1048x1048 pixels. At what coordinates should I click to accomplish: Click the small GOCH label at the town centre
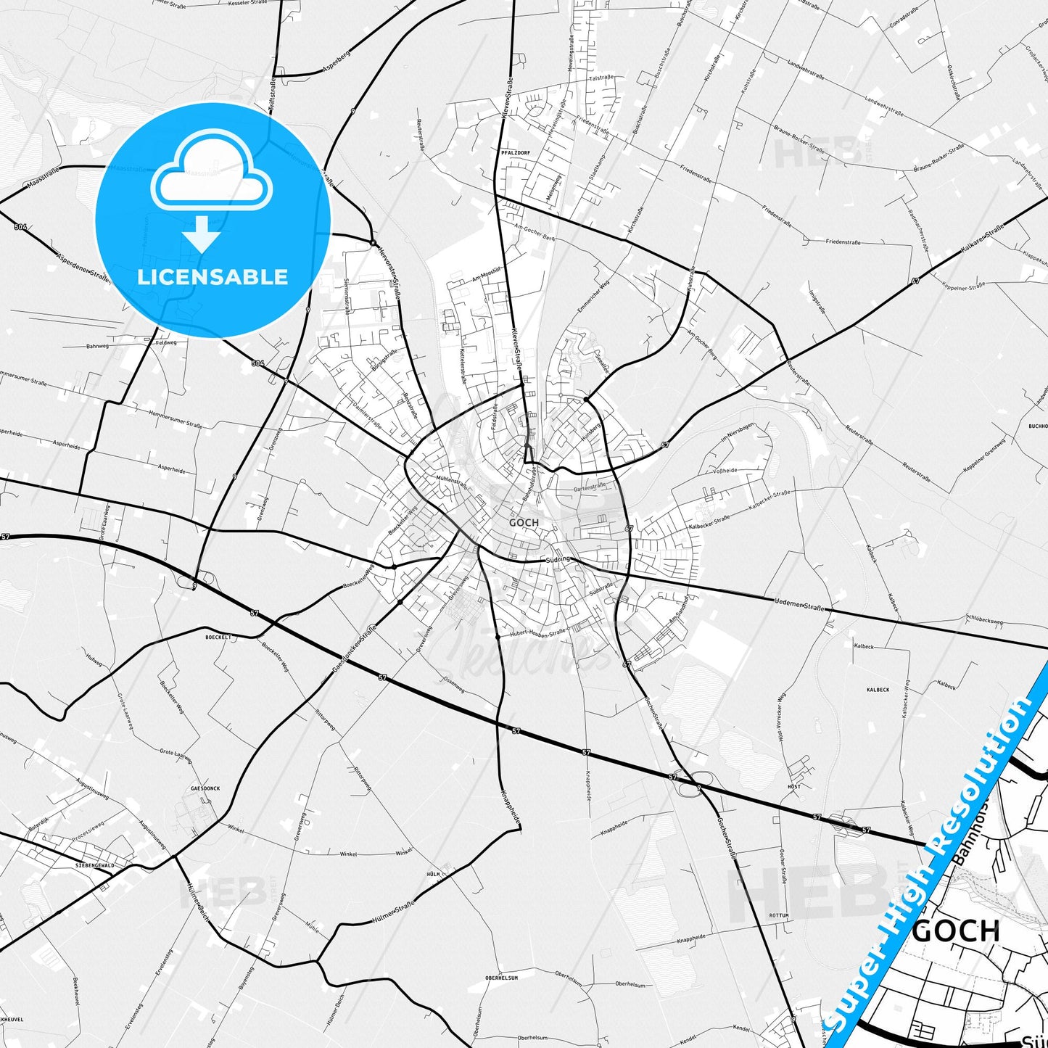(x=524, y=522)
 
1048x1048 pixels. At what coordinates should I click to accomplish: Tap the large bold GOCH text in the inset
(x=955, y=931)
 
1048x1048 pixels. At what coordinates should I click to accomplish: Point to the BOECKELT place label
(x=218, y=637)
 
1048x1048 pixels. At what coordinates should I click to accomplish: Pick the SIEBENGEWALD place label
(x=95, y=866)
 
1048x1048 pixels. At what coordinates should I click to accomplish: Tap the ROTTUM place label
(x=779, y=916)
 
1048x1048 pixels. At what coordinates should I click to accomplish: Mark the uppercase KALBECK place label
(x=878, y=690)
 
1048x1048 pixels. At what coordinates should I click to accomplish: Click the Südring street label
(x=558, y=560)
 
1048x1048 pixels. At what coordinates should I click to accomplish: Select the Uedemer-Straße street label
(x=799, y=603)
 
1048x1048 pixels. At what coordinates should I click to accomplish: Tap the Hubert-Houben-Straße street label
(x=537, y=633)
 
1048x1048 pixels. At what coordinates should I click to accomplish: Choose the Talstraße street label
(x=601, y=78)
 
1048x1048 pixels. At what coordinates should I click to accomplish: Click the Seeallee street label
(x=601, y=363)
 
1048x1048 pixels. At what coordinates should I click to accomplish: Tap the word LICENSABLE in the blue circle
(x=213, y=276)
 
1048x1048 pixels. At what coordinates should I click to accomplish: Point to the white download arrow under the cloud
(x=202, y=233)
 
